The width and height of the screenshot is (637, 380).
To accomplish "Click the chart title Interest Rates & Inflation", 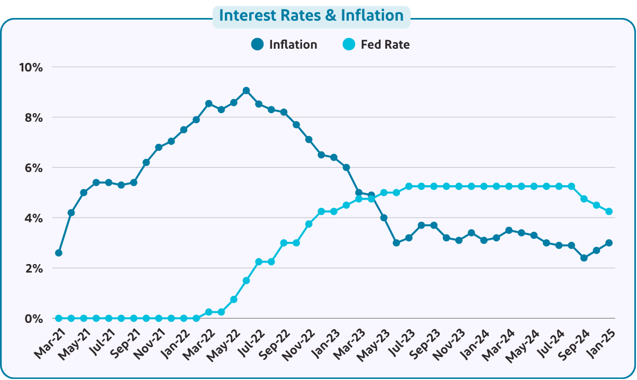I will [311, 15].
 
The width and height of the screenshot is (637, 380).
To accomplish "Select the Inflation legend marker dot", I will [258, 44].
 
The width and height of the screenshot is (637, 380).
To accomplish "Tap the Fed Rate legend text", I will [385, 44].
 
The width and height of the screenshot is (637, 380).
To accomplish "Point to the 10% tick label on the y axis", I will [31, 67].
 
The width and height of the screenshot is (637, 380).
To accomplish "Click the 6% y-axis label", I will [33, 168].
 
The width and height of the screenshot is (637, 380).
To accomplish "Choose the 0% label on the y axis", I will [33, 319].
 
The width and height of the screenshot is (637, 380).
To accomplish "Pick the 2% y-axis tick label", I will [33, 268].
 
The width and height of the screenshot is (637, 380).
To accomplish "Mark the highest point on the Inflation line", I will [246, 91].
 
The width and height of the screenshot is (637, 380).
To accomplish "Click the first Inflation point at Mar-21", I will [58, 253].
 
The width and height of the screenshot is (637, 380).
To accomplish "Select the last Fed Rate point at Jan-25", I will [609, 211].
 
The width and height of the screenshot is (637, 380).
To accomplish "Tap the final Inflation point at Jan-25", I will [609, 243].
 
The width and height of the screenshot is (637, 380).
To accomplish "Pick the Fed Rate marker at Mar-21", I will [58, 318].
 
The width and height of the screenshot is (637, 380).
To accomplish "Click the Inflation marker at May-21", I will [84, 193].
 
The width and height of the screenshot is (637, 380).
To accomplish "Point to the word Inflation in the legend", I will [293, 44].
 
